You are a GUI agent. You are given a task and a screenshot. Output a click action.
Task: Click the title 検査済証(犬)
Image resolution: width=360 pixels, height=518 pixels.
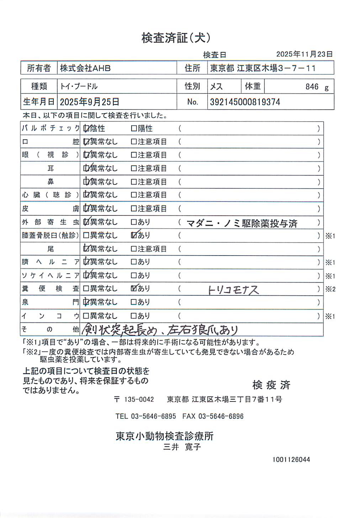tap(176, 38)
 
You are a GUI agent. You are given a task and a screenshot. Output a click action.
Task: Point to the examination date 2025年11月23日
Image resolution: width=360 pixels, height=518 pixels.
tap(304, 54)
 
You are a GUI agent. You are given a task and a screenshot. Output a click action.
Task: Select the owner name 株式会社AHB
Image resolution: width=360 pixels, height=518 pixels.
tap(85, 68)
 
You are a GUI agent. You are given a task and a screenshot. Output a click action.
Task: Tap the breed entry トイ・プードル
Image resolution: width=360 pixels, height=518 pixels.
tap(79, 86)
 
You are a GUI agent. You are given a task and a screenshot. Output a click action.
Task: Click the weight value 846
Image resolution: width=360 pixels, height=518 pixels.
tap(312, 87)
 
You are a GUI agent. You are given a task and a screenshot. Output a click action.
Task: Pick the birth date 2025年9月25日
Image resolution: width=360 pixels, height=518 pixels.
tap(89, 102)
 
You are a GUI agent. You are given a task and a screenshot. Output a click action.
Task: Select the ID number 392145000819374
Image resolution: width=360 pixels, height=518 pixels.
tap(245, 102)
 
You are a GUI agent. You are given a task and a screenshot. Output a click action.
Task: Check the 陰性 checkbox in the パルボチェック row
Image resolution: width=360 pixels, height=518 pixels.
tap(86, 128)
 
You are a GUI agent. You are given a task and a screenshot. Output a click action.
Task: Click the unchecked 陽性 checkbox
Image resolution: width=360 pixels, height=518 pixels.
tap(134, 128)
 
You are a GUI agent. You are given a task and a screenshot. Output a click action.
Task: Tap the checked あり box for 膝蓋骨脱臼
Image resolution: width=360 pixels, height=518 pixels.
tap(134, 235)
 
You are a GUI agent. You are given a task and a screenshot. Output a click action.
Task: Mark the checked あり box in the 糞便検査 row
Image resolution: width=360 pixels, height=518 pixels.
tap(134, 288)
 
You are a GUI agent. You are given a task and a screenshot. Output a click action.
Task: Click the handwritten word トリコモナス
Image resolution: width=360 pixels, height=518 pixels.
tap(233, 290)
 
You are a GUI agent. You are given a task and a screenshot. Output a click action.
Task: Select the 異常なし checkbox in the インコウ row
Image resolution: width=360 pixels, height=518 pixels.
tap(86, 316)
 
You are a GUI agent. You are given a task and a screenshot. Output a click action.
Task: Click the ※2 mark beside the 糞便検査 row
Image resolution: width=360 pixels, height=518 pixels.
tap(330, 289)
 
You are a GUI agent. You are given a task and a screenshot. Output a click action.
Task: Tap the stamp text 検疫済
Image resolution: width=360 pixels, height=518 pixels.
tap(271, 385)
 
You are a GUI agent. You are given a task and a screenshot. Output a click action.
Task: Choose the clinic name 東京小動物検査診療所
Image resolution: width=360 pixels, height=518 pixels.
tap(164, 436)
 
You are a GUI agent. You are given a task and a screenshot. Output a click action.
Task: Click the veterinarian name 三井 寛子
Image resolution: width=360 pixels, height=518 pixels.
tap(182, 447)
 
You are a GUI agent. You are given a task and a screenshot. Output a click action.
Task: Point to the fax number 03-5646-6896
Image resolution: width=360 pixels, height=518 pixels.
tap(221, 416)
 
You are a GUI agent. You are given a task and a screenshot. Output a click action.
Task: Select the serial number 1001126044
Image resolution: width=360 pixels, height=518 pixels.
tap(291, 459)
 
